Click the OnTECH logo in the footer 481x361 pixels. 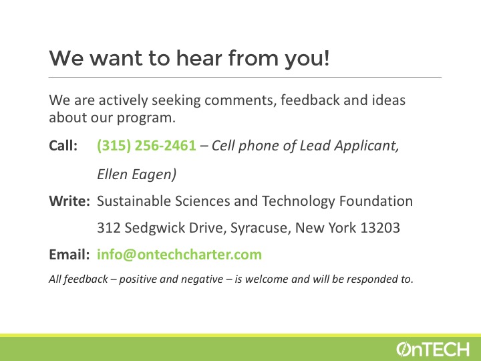click(432, 349)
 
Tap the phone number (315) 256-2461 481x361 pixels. click(146, 146)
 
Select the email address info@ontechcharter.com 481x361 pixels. click(180, 255)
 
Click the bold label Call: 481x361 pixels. click(63, 146)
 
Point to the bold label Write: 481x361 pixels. click(69, 201)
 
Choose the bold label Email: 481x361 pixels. click(69, 255)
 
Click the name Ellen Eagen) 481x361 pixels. click(137, 174)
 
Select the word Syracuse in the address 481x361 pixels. click(259, 228)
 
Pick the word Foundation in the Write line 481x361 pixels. click(376, 201)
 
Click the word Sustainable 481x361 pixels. click(133, 201)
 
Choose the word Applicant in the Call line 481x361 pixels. click(367, 146)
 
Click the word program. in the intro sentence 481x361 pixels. click(146, 118)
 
